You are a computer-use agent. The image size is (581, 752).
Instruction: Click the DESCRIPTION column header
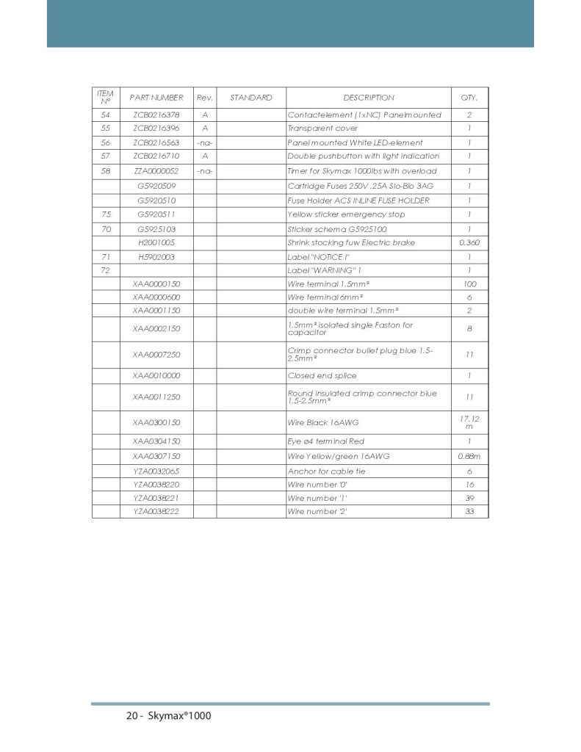coord(368,98)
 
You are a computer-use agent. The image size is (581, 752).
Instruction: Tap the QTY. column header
coord(469,98)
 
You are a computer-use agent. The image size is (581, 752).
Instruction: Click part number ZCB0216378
coord(156,115)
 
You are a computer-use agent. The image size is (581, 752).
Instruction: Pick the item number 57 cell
coord(106,156)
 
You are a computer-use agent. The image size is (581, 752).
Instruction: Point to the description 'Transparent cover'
coord(322,129)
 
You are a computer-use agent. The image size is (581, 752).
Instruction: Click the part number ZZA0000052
coord(156,171)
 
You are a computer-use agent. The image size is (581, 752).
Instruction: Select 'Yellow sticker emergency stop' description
coord(346,214)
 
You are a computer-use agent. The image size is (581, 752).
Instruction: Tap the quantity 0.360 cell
coord(469,242)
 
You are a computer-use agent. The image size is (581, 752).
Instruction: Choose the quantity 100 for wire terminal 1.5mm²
coord(469,283)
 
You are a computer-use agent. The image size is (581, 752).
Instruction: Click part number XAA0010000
coord(156,376)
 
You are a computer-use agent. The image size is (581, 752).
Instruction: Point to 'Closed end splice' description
coord(322,376)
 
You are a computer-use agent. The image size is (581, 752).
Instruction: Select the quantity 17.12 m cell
coord(469,422)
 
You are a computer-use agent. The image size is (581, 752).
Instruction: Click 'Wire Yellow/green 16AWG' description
coord(338,456)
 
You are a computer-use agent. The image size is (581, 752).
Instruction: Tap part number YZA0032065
coord(156,471)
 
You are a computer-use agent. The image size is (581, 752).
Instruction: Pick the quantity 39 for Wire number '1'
coord(469,498)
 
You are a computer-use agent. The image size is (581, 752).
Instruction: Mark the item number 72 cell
coord(106,271)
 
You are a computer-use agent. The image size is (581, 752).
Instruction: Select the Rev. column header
coord(204,98)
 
